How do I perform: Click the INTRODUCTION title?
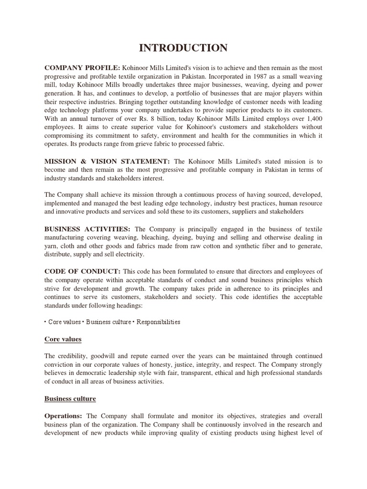pyautogui.click(x=183, y=48)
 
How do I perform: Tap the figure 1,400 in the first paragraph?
pyautogui.click(x=313, y=118)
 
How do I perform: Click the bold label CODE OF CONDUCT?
pyautogui.click(x=83, y=271)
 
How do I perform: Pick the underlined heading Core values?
pyautogui.click(x=63, y=339)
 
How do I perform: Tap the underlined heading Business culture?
pyautogui.click(x=70, y=398)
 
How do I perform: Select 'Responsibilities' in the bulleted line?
pyautogui.click(x=159, y=322)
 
